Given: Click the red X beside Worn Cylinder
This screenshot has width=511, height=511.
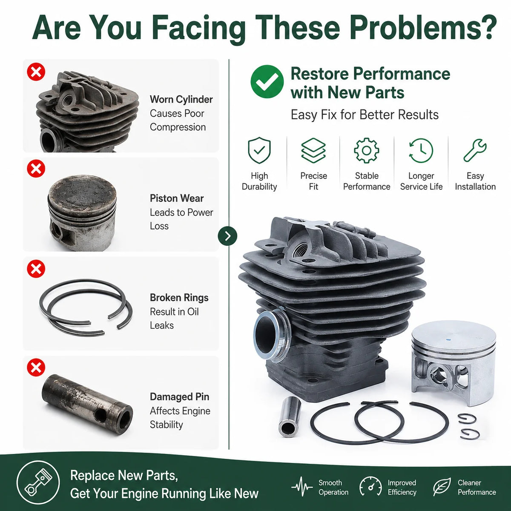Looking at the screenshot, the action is [x=36, y=72].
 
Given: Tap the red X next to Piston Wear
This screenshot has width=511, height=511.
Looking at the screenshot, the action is [x=36, y=168].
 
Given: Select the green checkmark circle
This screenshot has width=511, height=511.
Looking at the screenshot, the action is [x=267, y=81].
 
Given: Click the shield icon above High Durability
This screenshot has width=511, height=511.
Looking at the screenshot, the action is [x=259, y=150].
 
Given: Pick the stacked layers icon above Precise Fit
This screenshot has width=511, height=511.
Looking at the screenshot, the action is [x=313, y=150].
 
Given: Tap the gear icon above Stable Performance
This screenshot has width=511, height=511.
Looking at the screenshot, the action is [x=367, y=150].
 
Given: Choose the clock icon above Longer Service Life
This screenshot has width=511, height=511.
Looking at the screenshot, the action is [x=421, y=150].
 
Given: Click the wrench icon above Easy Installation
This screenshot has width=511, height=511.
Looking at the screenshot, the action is [x=475, y=150].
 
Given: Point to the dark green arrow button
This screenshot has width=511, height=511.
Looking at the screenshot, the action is [x=227, y=236].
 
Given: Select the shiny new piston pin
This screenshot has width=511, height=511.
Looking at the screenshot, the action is [x=289, y=417].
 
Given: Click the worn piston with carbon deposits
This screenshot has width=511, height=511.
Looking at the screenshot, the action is [x=82, y=212].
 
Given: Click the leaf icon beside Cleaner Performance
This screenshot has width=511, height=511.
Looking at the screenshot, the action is [x=442, y=487].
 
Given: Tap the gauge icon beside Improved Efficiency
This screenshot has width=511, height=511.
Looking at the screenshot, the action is [x=370, y=487].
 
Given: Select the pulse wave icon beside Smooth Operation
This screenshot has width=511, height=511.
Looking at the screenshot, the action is [x=302, y=487].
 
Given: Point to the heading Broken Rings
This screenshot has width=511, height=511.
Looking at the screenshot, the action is [x=179, y=298].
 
